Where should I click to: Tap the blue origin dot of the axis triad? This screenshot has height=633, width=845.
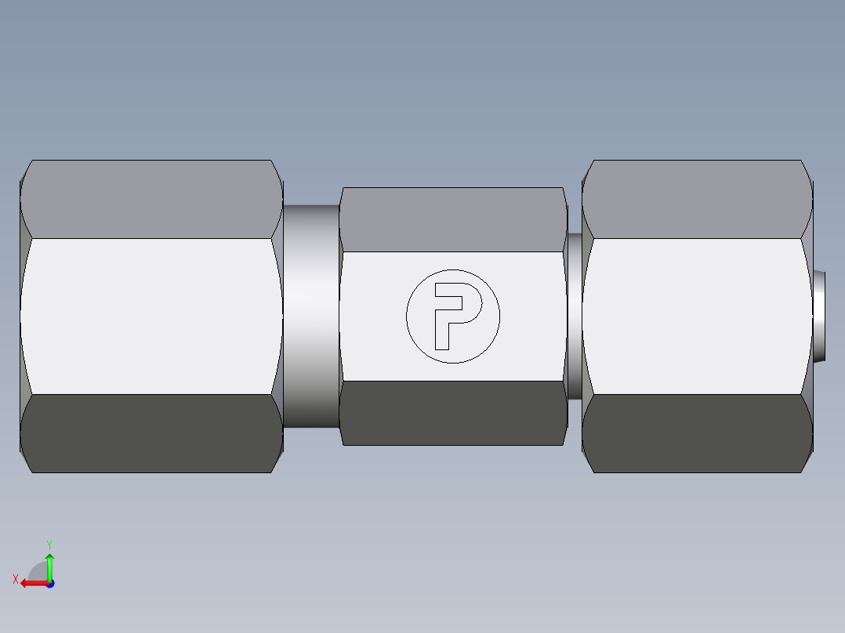click(49, 583)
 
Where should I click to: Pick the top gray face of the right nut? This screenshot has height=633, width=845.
click(696, 199)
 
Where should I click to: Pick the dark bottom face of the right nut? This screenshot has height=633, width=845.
click(696, 433)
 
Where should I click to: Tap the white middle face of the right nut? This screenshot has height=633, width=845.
click(696, 316)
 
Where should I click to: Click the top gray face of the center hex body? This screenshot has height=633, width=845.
click(453, 219)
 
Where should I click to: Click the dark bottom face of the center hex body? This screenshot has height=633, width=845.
click(453, 413)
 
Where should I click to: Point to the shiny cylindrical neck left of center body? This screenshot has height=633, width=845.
click(311, 316)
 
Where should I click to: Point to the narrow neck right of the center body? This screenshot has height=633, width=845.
click(575, 316)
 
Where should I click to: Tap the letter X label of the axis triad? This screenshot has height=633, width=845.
click(15, 580)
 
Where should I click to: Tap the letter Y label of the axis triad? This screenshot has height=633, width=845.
click(49, 544)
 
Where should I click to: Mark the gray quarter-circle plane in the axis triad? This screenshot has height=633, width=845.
click(38, 573)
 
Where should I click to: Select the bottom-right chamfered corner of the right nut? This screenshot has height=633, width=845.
click(807, 462)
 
